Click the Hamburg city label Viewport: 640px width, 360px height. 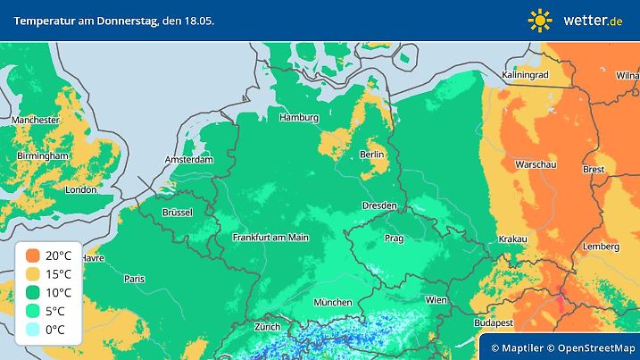pos(299,117)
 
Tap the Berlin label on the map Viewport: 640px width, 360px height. pos(370,154)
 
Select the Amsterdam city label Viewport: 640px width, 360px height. pos(189,160)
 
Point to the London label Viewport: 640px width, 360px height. pos(81,189)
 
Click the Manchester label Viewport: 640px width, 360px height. pos(36,120)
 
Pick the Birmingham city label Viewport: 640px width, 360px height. pos(43,155)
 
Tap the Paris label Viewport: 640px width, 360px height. pos(135,279)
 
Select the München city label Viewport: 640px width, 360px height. pos(332,302)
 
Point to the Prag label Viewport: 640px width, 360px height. pos(395,239)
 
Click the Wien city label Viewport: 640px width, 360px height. pos(436,300)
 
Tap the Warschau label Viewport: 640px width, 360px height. pos(536,164)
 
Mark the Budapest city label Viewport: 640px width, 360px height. pos(493,322)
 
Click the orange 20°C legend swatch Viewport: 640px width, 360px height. pos(33,256)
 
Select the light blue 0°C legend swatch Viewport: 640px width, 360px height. pos(33,330)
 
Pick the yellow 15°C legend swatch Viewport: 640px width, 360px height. pos(33,274)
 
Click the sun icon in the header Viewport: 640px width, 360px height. pos(540,20)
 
